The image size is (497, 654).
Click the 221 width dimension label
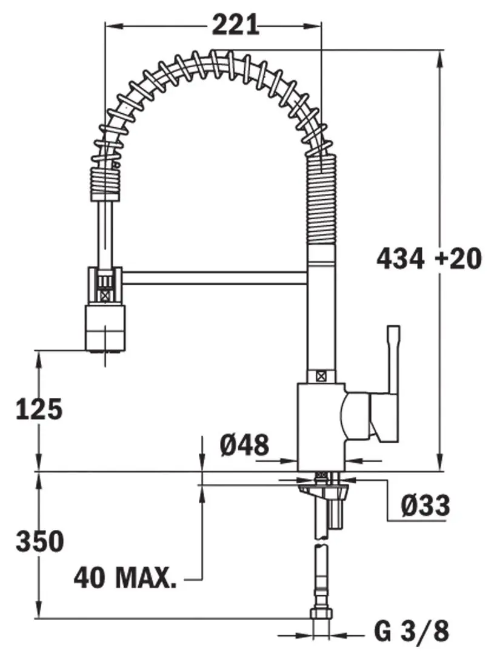[235, 25]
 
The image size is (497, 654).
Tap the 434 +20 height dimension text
[429, 259]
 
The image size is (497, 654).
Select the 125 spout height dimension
[39, 410]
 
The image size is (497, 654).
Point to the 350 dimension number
[39, 541]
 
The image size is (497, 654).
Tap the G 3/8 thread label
[412, 632]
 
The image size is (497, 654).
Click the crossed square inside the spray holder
[106, 297]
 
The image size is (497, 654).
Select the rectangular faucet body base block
[321, 424]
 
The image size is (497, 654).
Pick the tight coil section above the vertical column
[322, 200]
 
